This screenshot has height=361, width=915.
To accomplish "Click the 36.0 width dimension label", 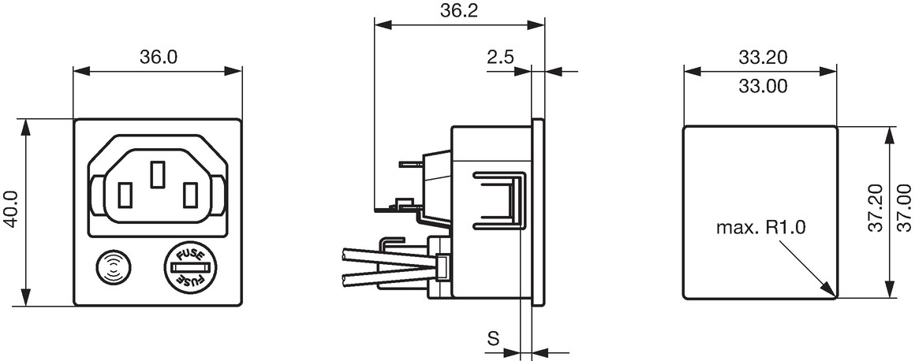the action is [x=158, y=58].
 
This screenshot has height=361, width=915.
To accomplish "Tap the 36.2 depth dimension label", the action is [x=458, y=11].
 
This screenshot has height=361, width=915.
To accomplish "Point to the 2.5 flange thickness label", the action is [x=499, y=57].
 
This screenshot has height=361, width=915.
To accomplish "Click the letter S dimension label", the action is [x=493, y=338].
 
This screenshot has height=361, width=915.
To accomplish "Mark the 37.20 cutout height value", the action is [x=876, y=208].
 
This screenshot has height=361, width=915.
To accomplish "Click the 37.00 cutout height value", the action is [x=905, y=208].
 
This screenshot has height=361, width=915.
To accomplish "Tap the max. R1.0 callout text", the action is [x=760, y=228].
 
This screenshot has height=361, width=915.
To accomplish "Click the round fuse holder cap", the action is [x=190, y=267].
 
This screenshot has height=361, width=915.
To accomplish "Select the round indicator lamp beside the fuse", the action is [x=114, y=268].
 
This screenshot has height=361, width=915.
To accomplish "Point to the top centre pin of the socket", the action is [x=157, y=174].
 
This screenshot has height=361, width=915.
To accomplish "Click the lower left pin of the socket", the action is [x=125, y=195].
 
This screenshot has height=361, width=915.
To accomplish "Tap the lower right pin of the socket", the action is [x=190, y=195].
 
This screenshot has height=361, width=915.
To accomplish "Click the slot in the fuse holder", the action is [x=190, y=267].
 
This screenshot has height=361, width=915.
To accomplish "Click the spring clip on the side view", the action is [x=497, y=200].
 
